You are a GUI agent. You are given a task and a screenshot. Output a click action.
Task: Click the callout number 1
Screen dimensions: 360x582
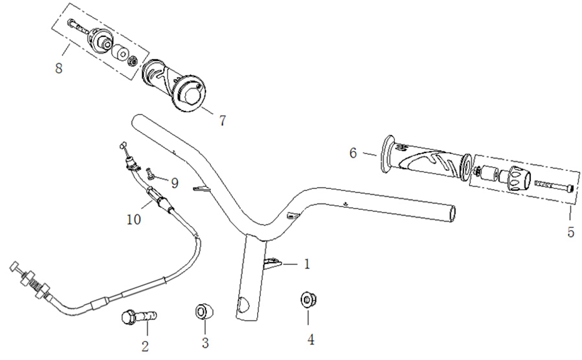coord(307,265)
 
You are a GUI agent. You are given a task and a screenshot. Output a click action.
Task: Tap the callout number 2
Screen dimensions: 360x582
coord(144,347)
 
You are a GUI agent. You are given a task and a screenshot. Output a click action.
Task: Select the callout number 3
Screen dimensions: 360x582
coord(205,343)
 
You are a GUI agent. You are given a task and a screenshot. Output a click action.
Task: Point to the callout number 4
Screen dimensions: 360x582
coord(311,339)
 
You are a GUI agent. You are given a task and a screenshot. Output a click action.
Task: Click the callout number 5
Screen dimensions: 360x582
coord(571,232)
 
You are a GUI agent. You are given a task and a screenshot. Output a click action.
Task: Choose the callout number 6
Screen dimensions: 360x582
coord(353,153)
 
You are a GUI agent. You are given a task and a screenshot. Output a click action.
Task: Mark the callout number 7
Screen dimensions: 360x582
coord(222,121)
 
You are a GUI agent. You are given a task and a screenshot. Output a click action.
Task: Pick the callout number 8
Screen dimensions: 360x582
coord(59,68)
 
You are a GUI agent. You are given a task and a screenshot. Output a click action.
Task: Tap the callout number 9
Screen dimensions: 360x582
coord(175,181)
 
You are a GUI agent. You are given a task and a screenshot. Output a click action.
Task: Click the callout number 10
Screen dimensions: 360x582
coord(134,219)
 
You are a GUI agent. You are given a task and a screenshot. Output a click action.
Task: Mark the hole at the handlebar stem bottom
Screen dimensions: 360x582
coord(243,306)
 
